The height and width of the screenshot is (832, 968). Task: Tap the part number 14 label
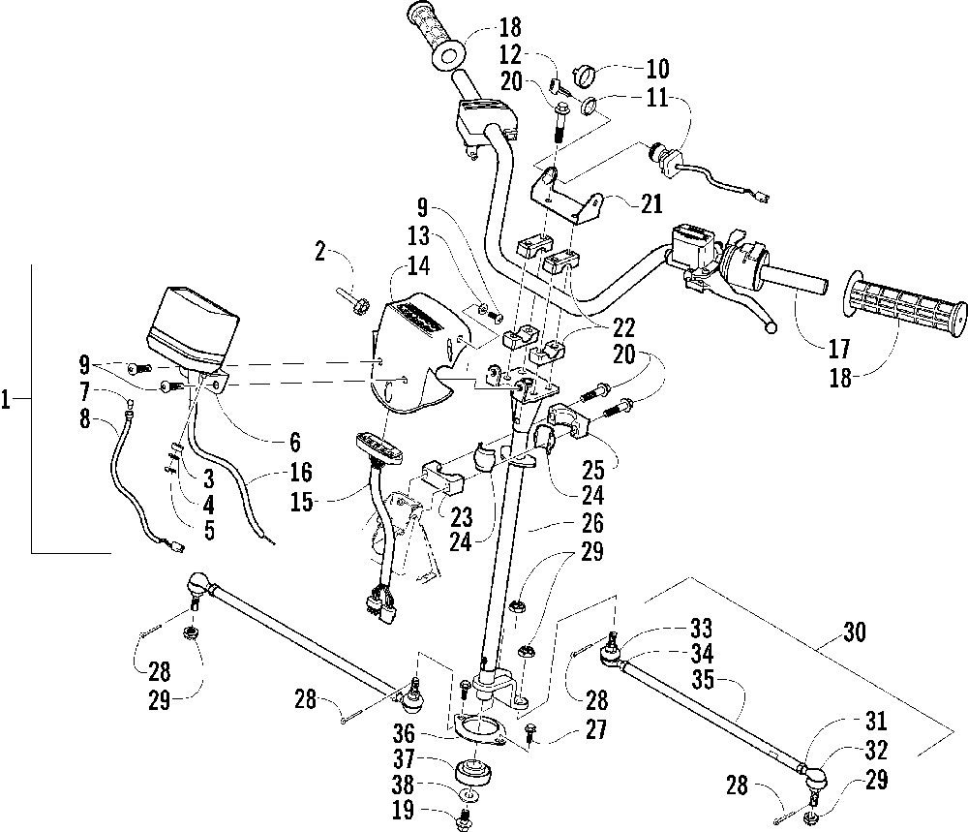(x=418, y=266)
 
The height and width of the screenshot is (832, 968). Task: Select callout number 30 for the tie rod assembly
(x=854, y=632)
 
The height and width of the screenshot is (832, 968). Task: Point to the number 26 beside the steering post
(x=592, y=524)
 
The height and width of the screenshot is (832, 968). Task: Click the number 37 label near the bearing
(x=406, y=758)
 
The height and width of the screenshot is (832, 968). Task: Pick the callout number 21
(x=650, y=203)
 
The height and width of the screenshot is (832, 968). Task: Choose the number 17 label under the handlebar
(x=839, y=349)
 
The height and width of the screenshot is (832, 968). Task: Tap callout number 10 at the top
(x=657, y=69)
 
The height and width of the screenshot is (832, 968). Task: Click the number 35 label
(x=703, y=679)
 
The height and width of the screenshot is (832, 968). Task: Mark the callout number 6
(x=295, y=443)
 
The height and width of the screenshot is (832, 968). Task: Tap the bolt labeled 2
(x=352, y=301)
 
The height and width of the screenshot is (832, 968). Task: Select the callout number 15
(x=302, y=502)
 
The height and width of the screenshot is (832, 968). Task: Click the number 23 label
(x=461, y=516)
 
